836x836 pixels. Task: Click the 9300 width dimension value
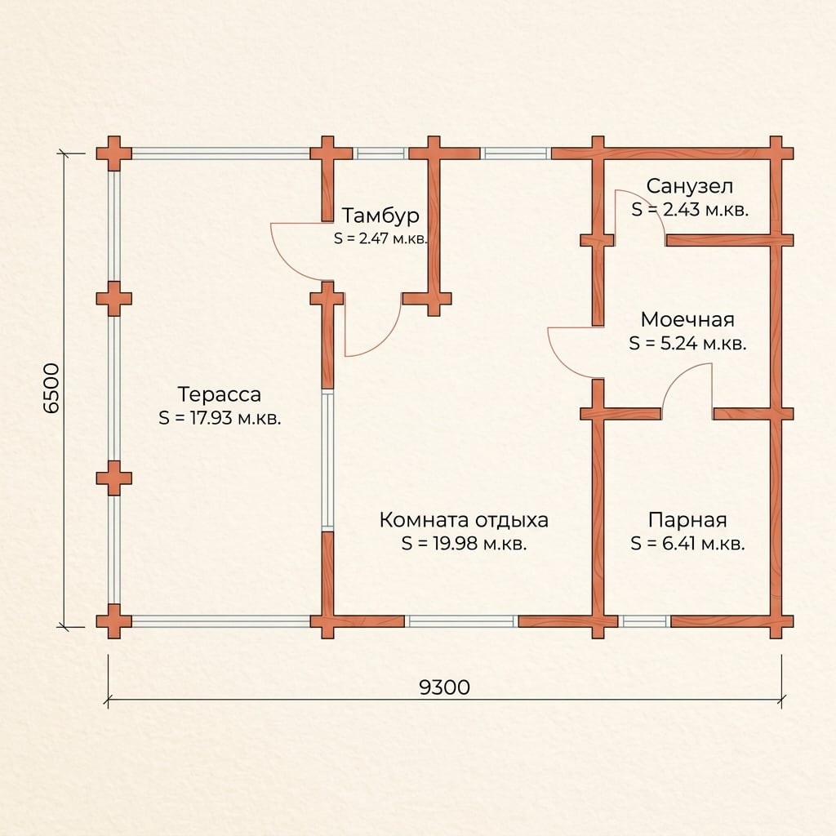(445, 687)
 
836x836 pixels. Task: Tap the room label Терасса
(219, 394)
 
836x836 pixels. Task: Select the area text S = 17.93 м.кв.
(220, 418)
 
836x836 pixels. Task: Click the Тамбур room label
(380, 216)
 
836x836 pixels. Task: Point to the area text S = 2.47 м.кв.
(380, 238)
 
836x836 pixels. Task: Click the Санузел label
(690, 186)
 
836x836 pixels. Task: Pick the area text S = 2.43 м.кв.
(690, 210)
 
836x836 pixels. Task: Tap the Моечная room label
(687, 319)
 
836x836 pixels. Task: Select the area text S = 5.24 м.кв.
(687, 343)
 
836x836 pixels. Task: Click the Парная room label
(687, 520)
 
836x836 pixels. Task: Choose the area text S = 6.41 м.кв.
(687, 543)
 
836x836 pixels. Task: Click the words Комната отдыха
(464, 520)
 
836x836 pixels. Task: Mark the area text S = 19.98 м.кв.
(465, 543)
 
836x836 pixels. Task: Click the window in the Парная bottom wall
(644, 621)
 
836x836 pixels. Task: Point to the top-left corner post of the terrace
(113, 153)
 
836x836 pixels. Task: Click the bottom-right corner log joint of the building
(776, 621)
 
